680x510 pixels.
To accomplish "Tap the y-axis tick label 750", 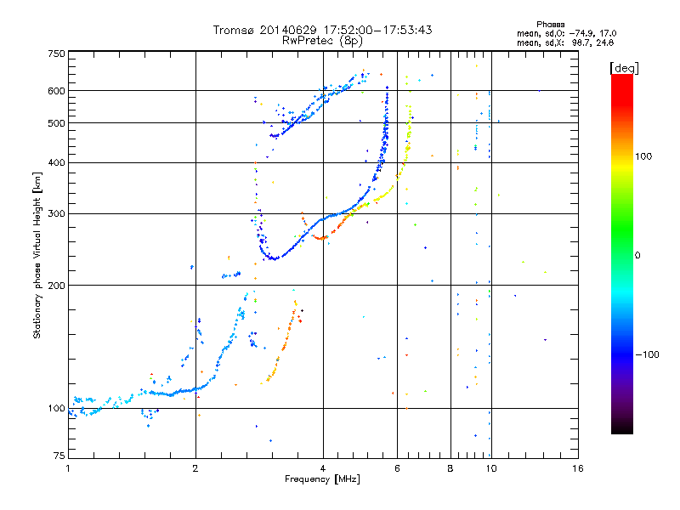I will [56, 54].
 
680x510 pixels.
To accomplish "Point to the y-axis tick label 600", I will [56, 90].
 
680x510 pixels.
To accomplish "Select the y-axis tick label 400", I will [56, 162].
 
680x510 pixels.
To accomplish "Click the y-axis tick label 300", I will [56, 213].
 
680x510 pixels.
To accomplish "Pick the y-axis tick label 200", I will [56, 285].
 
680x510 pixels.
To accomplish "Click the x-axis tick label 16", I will [578, 468].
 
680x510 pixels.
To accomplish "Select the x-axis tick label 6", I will [398, 468].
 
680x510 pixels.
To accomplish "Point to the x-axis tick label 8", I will [450, 468].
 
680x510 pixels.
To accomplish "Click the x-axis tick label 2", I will [195, 468].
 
